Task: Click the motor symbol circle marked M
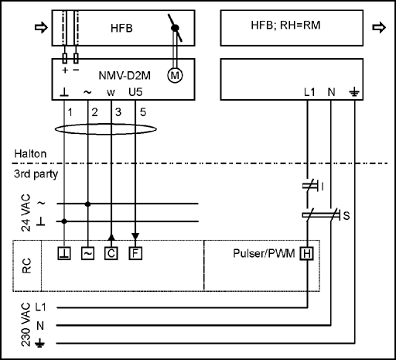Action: click(175, 76)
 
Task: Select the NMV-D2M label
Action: click(125, 76)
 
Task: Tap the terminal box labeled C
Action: click(111, 253)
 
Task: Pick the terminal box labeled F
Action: click(135, 253)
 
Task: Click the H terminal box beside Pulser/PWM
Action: click(307, 254)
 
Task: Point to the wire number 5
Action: click(143, 112)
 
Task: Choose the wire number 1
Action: click(70, 112)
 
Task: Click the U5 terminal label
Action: click(135, 92)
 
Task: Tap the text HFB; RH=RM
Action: click(285, 26)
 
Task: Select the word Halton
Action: click(30, 154)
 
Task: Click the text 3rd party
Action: click(36, 174)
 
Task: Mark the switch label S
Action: click(346, 216)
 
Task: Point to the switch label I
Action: click(323, 187)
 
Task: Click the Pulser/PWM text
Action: click(264, 253)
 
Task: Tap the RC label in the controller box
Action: click(27, 266)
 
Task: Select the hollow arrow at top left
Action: click(41, 27)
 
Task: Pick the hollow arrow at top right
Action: click(379, 27)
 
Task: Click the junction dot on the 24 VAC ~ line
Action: click(87, 204)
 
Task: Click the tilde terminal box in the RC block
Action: click(87, 253)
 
